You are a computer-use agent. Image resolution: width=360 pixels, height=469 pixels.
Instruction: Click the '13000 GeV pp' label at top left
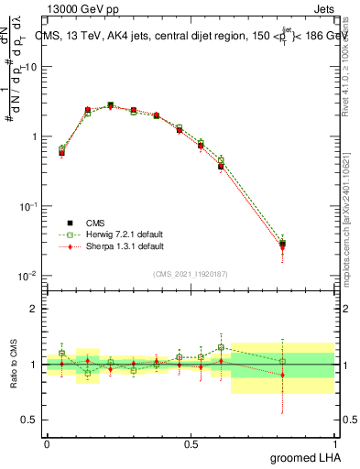[76, 8]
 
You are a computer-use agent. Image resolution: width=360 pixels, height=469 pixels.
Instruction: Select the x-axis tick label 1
[334, 442]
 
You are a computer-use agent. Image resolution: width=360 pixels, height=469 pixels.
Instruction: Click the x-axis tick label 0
[46, 442]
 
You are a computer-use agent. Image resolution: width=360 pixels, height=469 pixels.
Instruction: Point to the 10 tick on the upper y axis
[32, 67]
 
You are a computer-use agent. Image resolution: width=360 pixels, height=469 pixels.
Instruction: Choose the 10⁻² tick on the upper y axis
[28, 276]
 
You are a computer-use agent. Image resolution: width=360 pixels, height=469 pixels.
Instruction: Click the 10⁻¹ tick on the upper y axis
[28, 206]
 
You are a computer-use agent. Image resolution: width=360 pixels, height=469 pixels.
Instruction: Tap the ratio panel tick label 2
[35, 309]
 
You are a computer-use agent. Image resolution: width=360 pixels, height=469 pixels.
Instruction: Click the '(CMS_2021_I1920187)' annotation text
[190, 273]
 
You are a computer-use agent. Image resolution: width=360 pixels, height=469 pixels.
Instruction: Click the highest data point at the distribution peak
[110, 105]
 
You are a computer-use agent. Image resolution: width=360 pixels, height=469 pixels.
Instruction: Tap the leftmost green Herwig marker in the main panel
[61, 148]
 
